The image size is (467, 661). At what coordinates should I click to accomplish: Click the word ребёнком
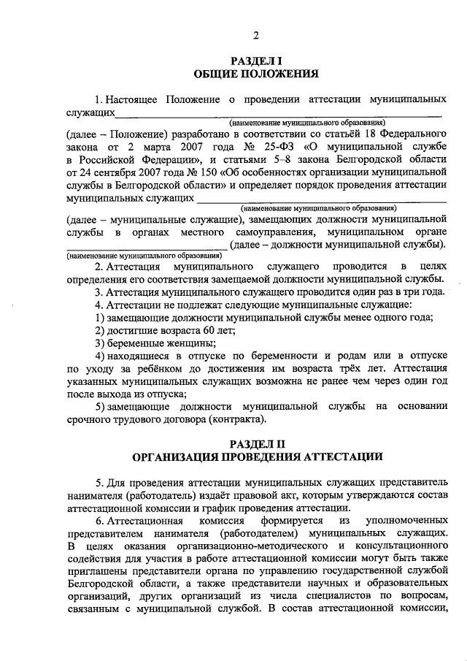tap(149, 369)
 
